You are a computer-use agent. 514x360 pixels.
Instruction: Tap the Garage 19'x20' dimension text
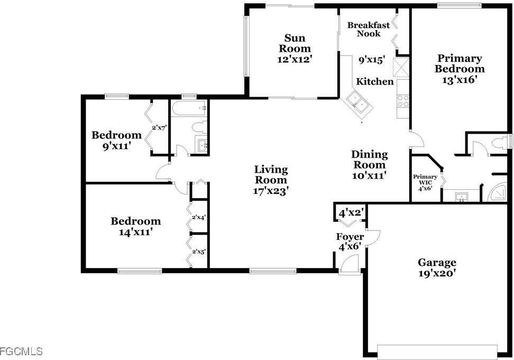tap(437, 273)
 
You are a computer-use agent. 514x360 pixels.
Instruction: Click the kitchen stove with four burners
tap(403, 100)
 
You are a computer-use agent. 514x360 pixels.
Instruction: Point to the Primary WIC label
tap(425, 180)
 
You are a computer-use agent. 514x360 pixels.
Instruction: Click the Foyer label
tap(350, 237)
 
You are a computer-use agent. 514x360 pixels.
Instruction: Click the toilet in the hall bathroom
tap(199, 127)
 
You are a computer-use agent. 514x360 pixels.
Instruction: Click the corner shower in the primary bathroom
tap(501, 193)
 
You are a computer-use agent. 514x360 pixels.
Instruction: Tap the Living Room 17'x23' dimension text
tap(271, 191)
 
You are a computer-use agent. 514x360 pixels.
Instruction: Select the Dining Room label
tap(370, 160)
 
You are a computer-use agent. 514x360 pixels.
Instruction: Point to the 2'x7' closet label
tap(159, 127)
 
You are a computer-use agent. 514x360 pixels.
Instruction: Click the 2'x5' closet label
tap(199, 252)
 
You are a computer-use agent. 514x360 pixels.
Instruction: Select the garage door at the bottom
tap(437, 352)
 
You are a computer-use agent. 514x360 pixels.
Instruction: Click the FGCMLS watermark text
tap(21, 351)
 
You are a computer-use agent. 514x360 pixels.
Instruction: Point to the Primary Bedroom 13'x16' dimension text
tap(459, 79)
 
